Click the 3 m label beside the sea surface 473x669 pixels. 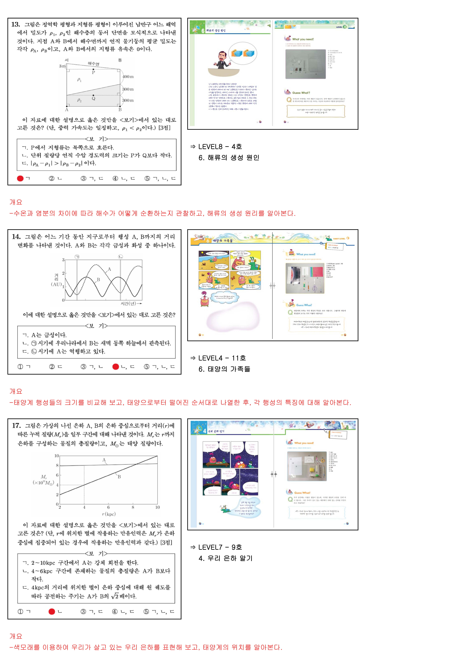(62, 66)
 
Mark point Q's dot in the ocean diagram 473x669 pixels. (93, 95)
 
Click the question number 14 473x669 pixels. (16, 237)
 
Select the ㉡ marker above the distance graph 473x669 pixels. (120, 257)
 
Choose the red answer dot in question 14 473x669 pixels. (116, 367)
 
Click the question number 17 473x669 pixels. (16, 426)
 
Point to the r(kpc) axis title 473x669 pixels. (109, 514)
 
